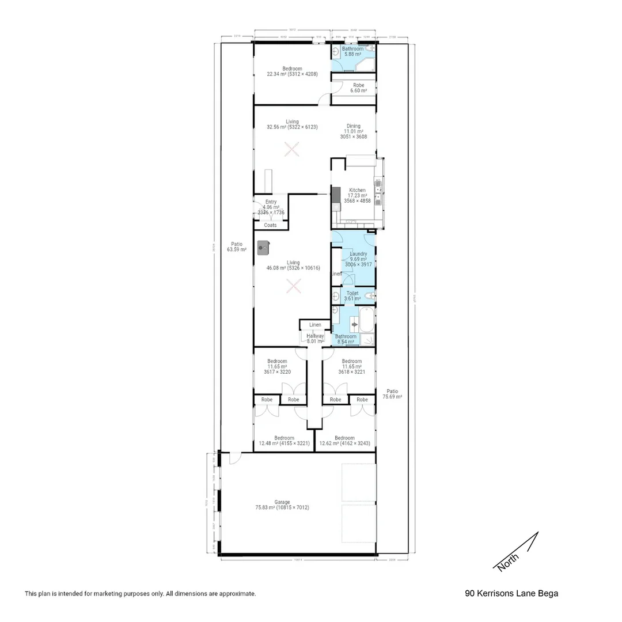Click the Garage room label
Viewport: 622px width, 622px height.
coord(282,502)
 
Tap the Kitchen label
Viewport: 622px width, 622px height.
coord(357,190)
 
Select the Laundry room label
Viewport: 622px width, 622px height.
coord(358,253)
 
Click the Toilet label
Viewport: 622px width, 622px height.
coord(352,293)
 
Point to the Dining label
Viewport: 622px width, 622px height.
coord(353,126)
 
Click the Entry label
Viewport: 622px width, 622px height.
coord(271,202)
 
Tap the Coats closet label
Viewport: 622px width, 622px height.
coord(270,225)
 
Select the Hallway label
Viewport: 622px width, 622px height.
coord(315,336)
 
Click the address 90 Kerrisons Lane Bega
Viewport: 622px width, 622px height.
coord(511,593)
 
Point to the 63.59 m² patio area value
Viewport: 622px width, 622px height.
coord(236,250)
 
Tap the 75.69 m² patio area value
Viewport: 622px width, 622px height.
coord(392,397)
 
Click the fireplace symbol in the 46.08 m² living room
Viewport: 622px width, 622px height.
coord(264,247)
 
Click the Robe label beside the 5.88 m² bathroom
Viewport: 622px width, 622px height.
coord(359,85)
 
